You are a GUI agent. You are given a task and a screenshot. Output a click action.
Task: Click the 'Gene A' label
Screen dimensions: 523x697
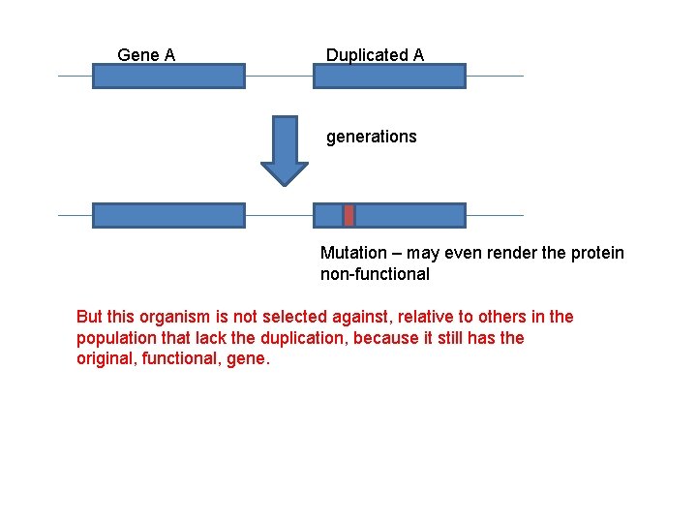click(146, 55)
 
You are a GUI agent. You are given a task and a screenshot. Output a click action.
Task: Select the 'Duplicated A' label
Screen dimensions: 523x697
click(375, 55)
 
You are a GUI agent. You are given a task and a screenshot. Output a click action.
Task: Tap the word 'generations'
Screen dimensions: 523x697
click(371, 137)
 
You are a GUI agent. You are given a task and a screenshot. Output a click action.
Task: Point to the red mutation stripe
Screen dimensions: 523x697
click(349, 215)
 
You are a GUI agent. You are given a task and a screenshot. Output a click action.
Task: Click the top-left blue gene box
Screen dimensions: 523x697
click(168, 76)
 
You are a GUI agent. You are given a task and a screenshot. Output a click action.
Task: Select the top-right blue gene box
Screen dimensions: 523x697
click(389, 76)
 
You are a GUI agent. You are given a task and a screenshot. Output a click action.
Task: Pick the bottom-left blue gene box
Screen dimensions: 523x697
click(168, 215)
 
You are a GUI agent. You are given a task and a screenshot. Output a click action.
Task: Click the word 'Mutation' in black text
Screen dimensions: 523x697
click(352, 253)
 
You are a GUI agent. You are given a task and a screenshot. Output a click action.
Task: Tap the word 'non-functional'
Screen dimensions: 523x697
click(375, 274)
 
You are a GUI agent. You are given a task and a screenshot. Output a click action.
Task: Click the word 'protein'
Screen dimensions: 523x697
click(597, 253)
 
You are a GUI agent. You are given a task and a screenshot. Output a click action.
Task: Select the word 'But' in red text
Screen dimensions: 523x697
click(89, 317)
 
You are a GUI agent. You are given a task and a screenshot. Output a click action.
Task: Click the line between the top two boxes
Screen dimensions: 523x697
click(279, 76)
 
